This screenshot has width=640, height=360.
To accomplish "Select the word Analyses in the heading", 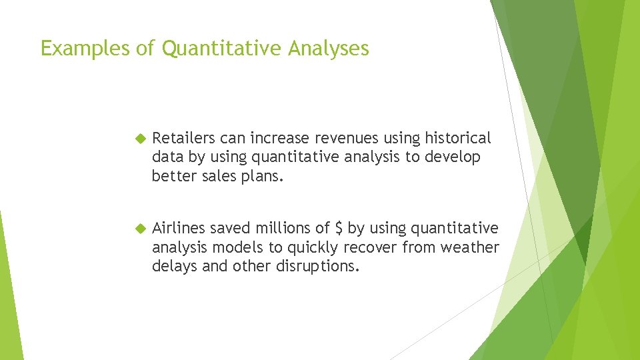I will pos(329,48).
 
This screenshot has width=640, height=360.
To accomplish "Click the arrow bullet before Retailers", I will pos(139,139).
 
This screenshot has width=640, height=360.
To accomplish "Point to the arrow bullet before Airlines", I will pos(139,229).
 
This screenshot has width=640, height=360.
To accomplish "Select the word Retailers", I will pos(183,138).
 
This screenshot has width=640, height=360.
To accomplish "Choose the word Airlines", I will pos(179,228).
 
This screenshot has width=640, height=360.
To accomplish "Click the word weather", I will pos(470,247).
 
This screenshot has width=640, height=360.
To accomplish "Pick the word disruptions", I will pos(325,266).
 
